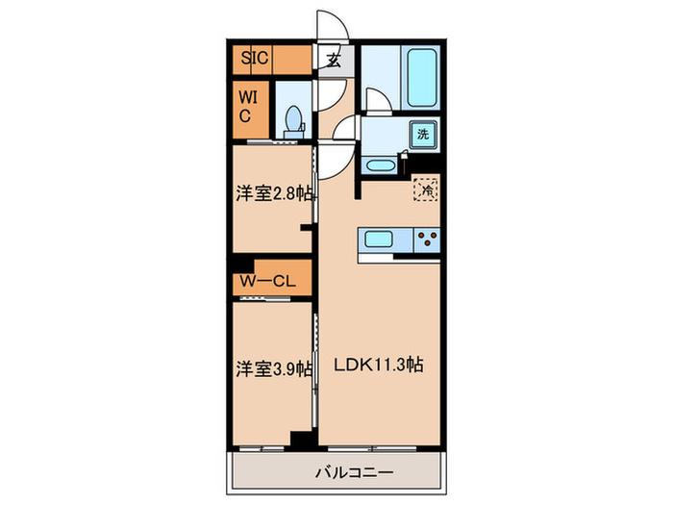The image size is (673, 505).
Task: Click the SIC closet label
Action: coord(255,59)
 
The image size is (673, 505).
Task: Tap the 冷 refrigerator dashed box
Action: coord(424,189)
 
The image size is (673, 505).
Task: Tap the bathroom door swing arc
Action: coord(377,101)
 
